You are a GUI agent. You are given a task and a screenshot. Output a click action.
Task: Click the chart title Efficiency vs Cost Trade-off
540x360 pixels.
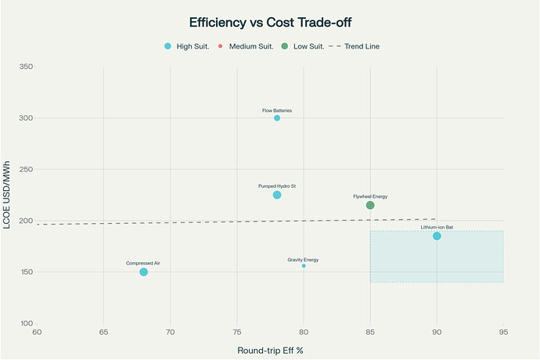(x=270, y=23)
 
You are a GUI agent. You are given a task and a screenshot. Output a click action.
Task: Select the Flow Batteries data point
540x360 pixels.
(x=277, y=118)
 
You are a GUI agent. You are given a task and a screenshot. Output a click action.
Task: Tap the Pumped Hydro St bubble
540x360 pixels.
(x=277, y=195)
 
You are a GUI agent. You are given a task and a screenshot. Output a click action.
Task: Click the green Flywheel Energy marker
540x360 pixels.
(x=370, y=205)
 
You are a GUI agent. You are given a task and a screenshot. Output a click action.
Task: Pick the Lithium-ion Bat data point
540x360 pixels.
(x=437, y=236)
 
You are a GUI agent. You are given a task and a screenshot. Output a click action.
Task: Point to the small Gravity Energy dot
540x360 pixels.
(x=304, y=266)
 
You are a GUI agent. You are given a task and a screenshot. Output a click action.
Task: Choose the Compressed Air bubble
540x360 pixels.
(x=143, y=272)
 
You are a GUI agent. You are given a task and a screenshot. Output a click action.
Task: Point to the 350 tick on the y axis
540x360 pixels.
(x=26, y=67)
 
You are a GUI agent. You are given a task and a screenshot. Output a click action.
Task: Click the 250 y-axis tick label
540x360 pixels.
(x=26, y=170)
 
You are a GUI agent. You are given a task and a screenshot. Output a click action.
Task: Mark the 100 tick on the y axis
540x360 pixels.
(x=26, y=323)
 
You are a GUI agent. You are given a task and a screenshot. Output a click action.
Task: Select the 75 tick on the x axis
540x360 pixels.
(x=237, y=333)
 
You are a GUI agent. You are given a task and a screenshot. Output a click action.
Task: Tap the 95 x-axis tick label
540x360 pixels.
(x=503, y=333)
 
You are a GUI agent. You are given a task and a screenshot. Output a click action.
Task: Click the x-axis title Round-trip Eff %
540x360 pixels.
(x=270, y=350)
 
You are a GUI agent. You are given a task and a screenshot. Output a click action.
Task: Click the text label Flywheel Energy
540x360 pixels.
(x=370, y=196)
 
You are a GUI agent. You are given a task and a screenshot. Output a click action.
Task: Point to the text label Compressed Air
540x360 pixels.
(x=143, y=263)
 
